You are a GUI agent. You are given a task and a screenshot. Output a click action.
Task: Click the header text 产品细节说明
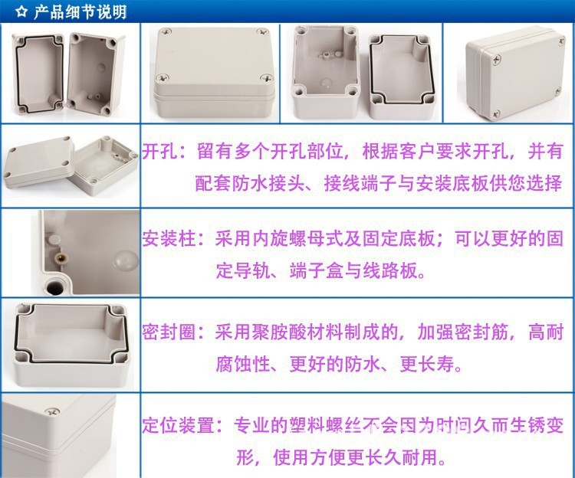pyautogui.click(x=80, y=12)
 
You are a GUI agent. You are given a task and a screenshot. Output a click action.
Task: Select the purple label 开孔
pyautogui.click(x=159, y=152)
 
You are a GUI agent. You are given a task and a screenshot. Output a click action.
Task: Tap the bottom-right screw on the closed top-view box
pyautogui.click(x=266, y=77)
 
